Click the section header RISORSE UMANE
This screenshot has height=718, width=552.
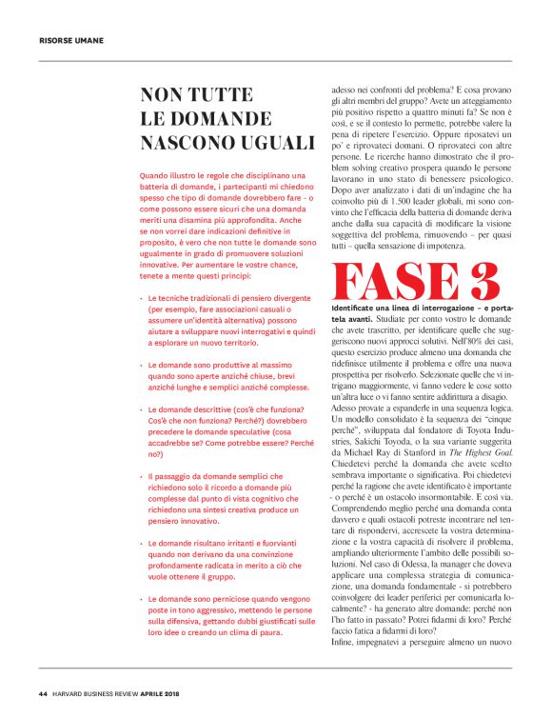[71, 41]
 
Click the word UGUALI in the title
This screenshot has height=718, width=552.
[265, 143]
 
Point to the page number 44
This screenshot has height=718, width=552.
[44, 692]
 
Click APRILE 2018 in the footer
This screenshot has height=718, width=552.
[189, 692]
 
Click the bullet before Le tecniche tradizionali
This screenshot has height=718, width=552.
[141, 298]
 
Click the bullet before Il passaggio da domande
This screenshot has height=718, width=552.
[141, 475]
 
